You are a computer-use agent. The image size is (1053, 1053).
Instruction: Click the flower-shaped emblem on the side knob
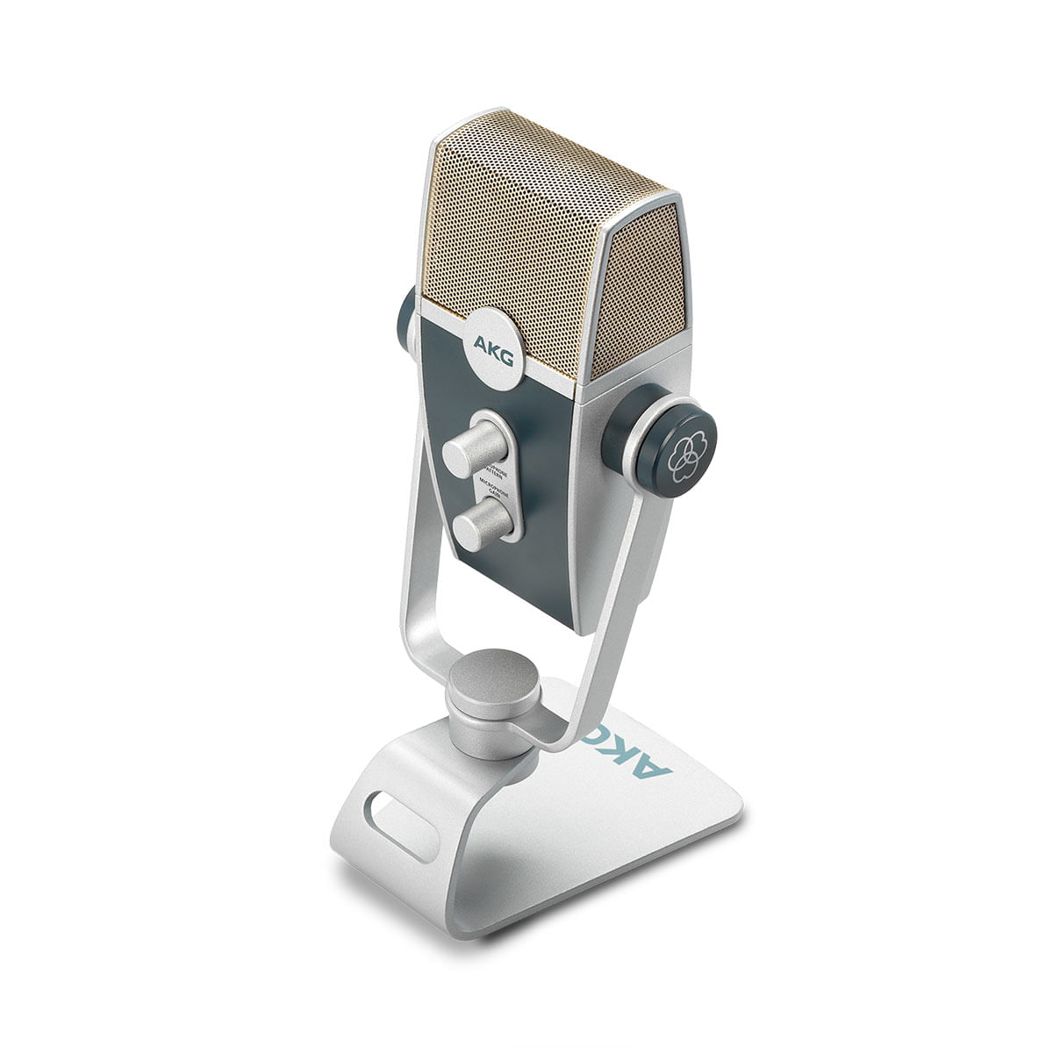[x=686, y=454]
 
